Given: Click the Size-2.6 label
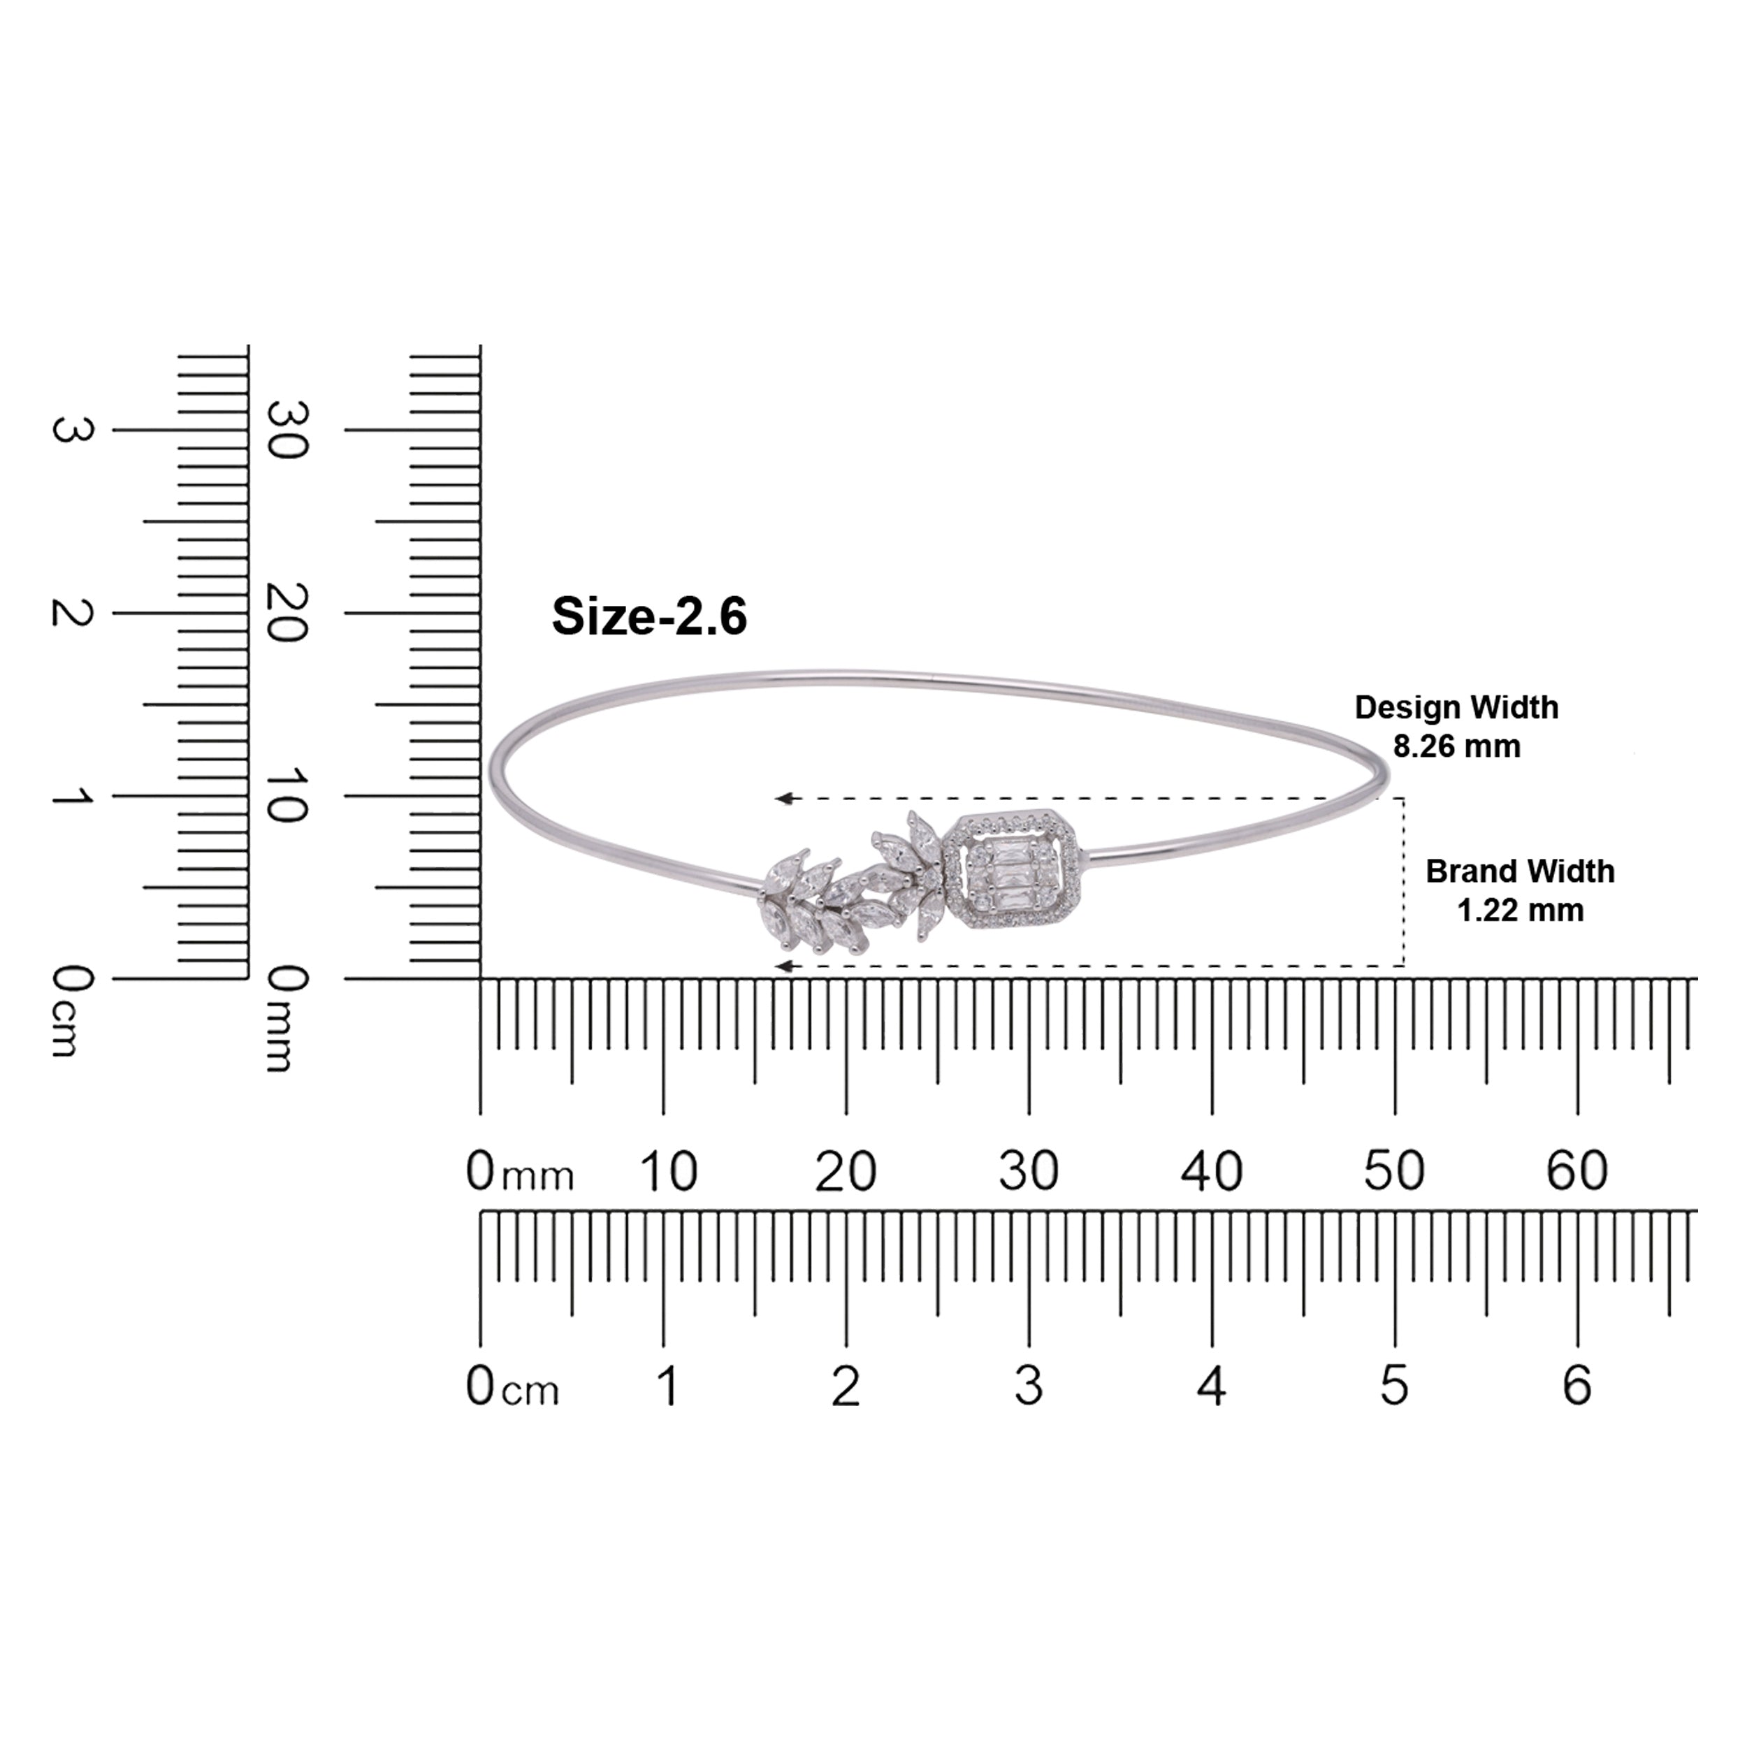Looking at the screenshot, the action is [649, 617].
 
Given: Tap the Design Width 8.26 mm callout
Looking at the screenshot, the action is [1456, 726].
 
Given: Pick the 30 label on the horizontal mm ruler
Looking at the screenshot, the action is [1028, 1171].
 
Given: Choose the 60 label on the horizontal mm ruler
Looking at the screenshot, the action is [1577, 1171].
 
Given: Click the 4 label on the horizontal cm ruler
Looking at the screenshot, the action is [1212, 1385].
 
